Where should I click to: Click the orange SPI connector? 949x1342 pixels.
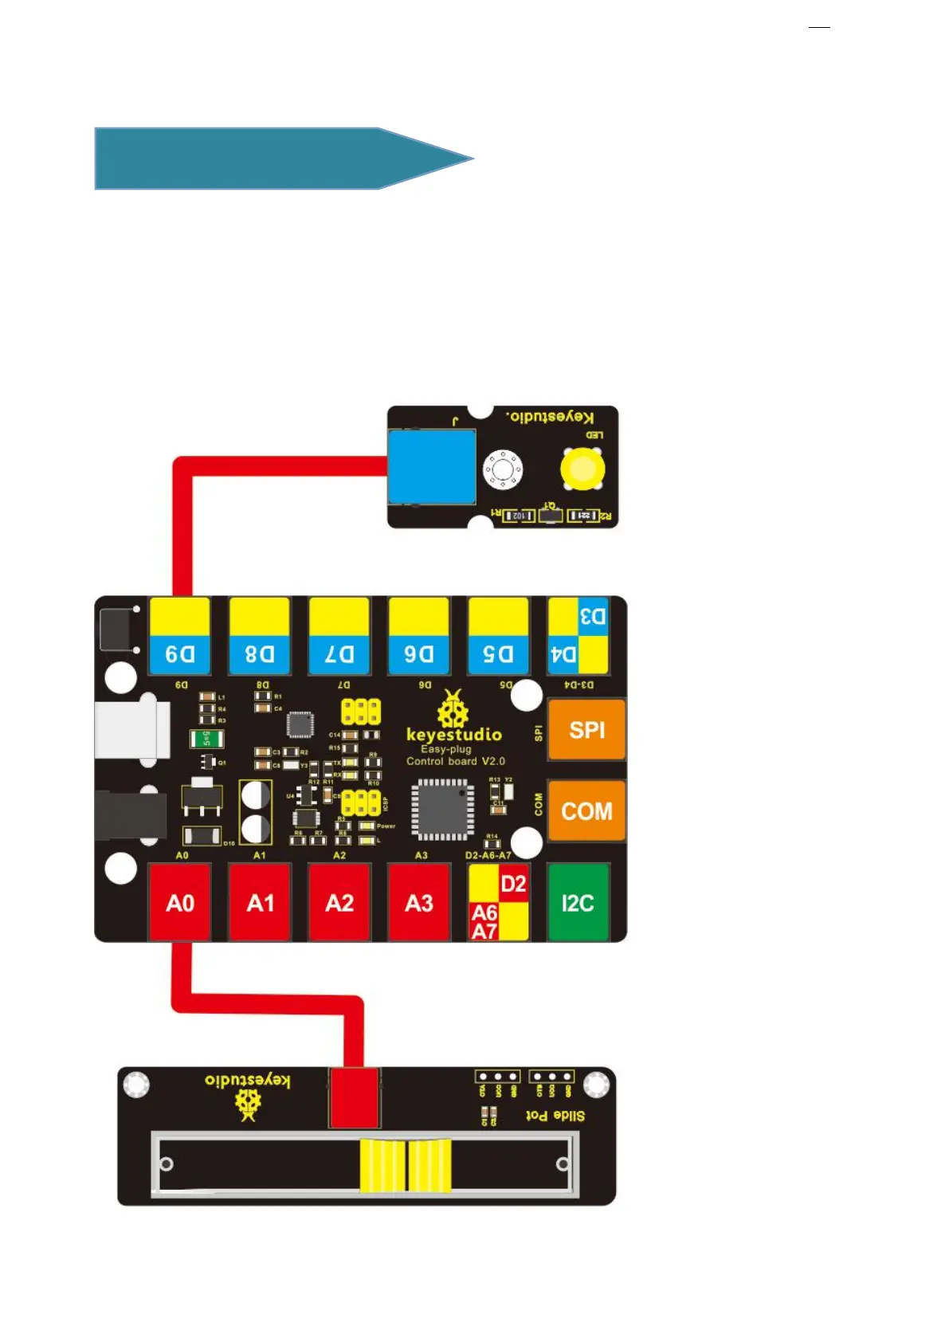586,729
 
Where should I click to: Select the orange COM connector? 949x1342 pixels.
586,810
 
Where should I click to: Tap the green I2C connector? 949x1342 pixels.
578,902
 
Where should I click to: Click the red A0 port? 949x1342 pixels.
180,902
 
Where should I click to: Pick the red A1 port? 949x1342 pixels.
260,902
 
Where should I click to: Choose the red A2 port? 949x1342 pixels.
339,902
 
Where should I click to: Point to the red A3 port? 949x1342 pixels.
419,902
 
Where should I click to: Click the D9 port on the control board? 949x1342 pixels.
180,636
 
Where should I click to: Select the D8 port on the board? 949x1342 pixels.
260,636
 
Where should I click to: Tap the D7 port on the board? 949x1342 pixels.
339,636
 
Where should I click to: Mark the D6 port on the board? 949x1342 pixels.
419,636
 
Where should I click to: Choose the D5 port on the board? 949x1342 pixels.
499,636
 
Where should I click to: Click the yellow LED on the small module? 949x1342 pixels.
582,469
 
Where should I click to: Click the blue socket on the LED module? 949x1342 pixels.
432,467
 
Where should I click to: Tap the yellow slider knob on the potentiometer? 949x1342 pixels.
406,1165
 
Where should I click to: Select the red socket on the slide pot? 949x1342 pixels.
355,1097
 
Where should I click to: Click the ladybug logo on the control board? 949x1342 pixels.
453,709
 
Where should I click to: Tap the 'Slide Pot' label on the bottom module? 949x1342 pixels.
555,1115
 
